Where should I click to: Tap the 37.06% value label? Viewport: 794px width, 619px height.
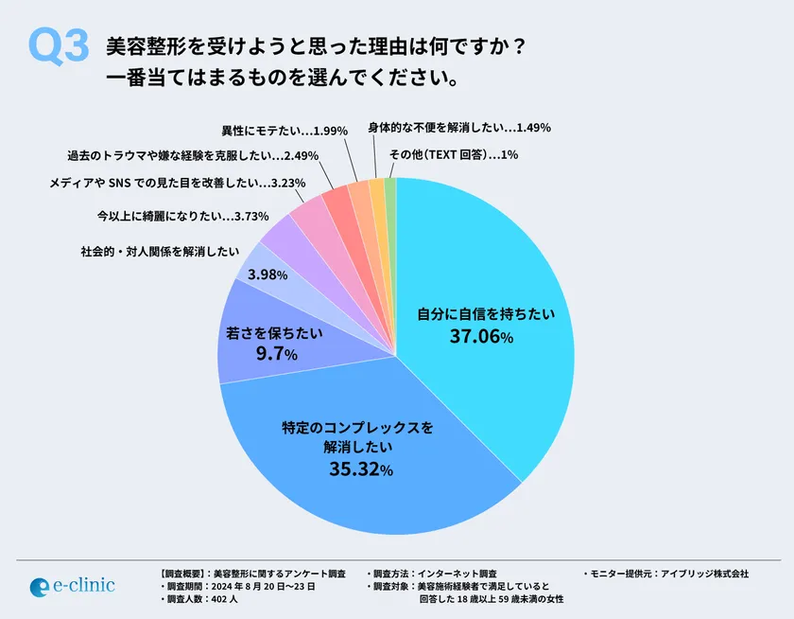pos(478,336)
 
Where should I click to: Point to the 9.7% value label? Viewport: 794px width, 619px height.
pos(275,355)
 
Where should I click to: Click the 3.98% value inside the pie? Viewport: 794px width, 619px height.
pos(267,274)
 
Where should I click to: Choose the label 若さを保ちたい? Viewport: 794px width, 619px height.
pos(275,332)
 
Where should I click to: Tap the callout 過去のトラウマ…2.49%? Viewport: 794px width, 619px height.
pos(193,155)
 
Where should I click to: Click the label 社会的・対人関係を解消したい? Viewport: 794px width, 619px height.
pos(156,251)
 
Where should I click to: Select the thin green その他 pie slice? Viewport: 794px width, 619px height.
pos(390,189)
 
